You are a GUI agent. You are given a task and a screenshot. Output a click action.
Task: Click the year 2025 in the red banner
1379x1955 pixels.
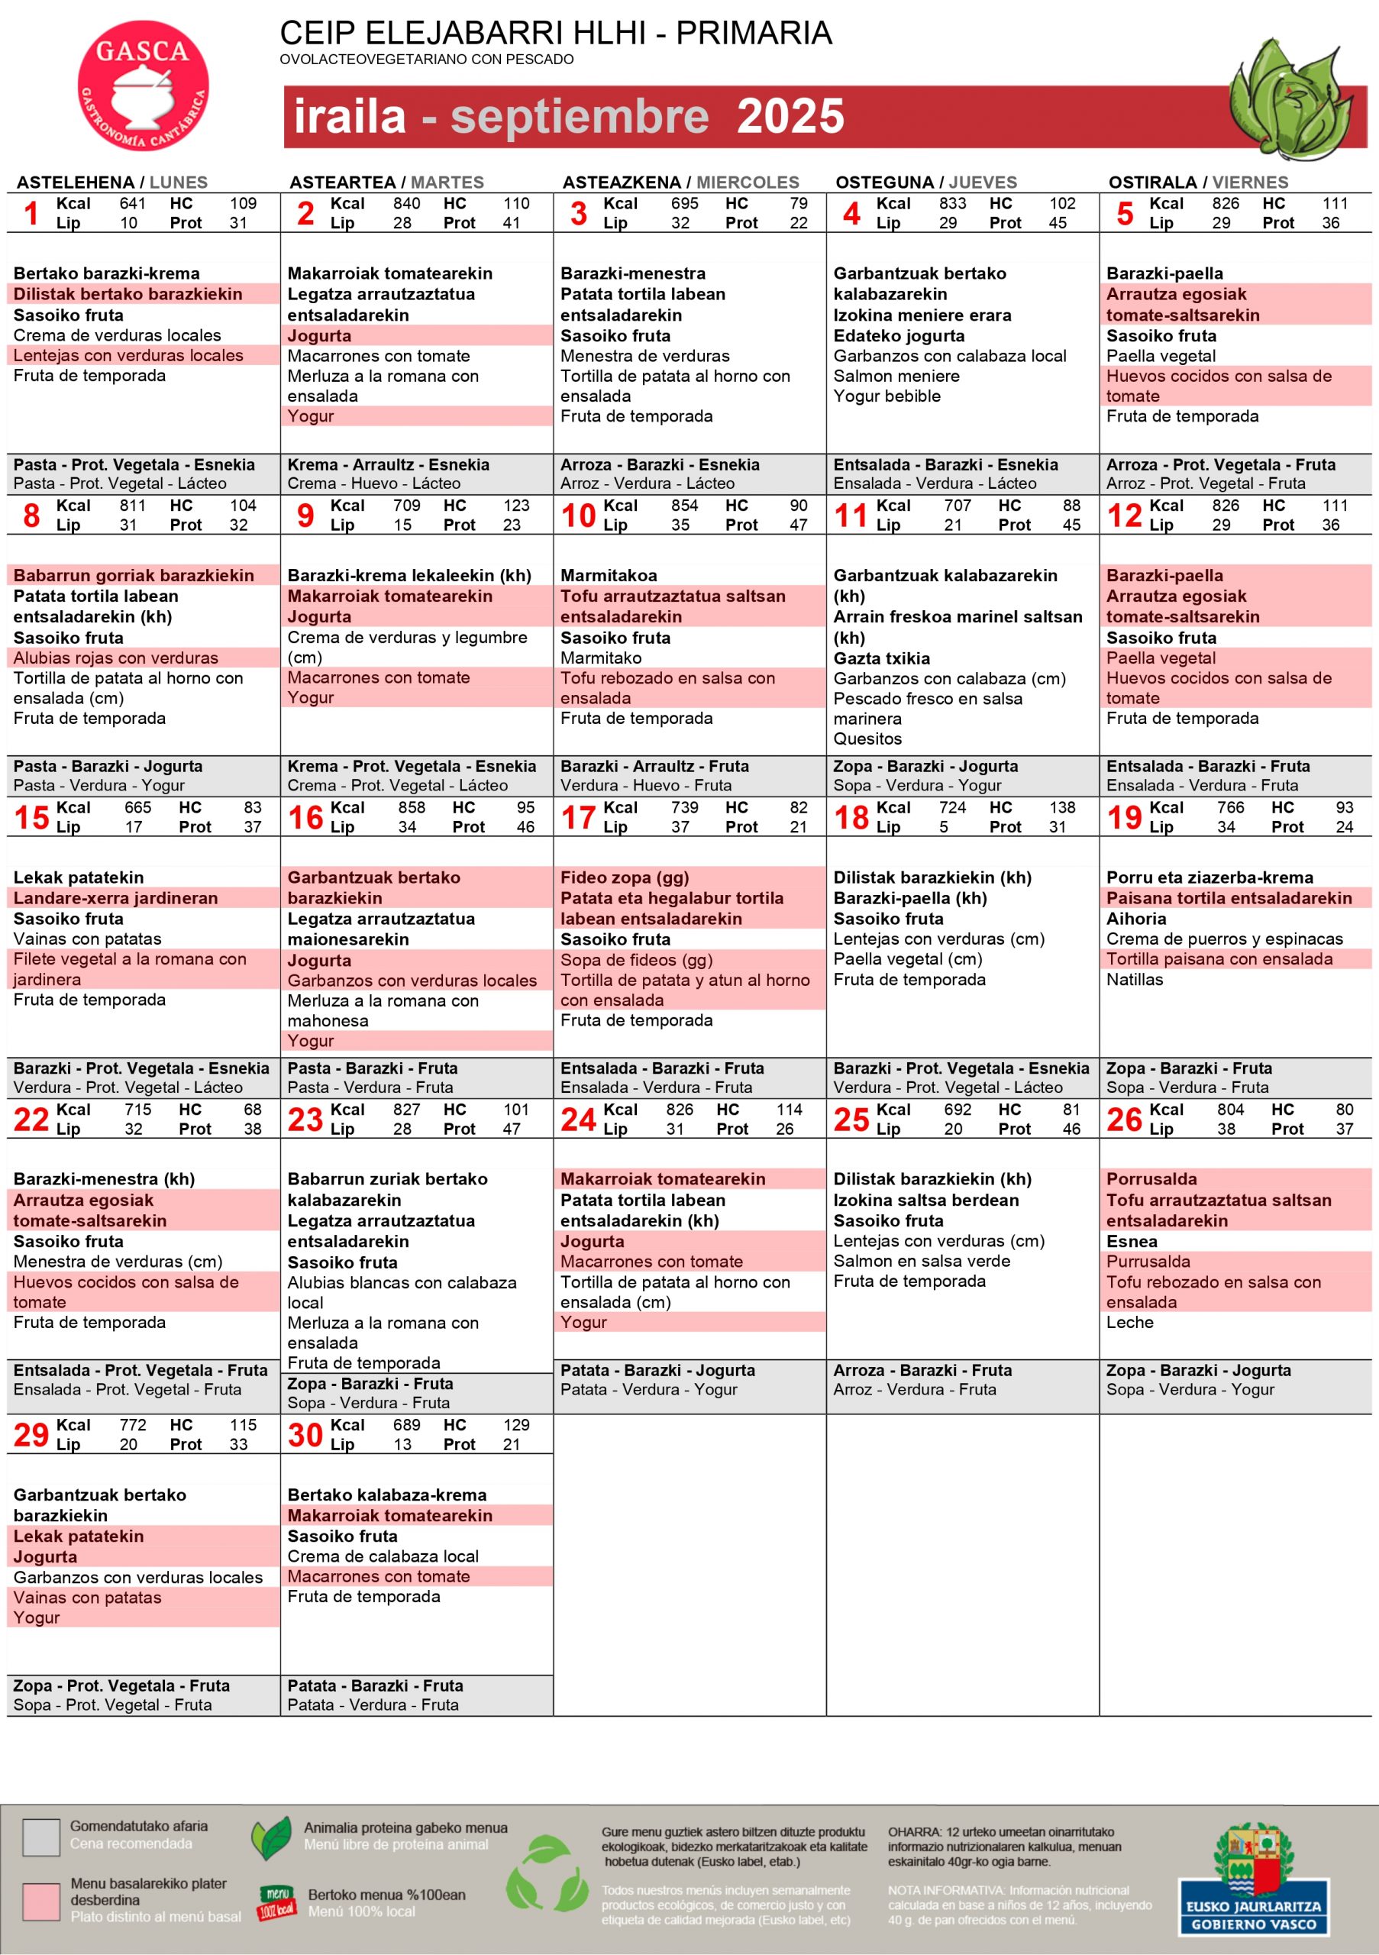(790, 117)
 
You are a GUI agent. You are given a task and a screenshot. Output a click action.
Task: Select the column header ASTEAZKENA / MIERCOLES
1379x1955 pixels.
(680, 183)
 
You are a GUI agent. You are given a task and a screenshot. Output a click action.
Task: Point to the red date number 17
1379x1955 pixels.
(578, 817)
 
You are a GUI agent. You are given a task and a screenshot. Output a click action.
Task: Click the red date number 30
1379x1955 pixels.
(305, 1435)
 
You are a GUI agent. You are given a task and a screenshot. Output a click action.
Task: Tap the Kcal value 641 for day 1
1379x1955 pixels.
(132, 203)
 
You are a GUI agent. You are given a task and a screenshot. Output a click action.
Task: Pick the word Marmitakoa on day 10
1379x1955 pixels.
(608, 576)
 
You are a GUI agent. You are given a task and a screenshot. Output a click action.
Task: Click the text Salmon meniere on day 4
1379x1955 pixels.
(896, 376)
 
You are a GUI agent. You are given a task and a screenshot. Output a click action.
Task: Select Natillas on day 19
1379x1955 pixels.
(1134, 979)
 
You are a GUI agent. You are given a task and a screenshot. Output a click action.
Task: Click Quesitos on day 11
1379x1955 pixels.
(867, 739)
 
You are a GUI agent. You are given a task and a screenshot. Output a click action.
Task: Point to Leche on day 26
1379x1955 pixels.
(1129, 1323)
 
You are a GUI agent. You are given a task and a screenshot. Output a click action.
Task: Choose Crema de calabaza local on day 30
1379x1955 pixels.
(383, 1556)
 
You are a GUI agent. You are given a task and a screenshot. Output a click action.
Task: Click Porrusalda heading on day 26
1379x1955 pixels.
(1151, 1179)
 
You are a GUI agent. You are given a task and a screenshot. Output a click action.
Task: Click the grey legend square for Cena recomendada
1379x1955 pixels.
(41, 1837)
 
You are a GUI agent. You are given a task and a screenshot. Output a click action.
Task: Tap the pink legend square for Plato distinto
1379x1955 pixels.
(41, 1902)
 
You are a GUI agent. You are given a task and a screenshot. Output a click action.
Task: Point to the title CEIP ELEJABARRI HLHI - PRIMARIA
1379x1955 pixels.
(555, 33)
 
